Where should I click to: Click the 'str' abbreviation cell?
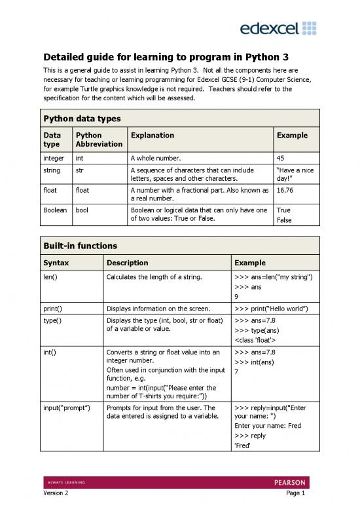[80, 171]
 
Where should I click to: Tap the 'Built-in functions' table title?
[81, 246]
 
